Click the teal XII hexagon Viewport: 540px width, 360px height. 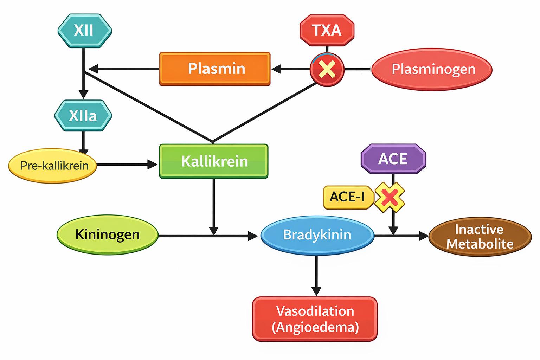[x=84, y=31]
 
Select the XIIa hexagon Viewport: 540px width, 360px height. [x=83, y=116]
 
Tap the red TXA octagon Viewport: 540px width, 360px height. [x=327, y=31]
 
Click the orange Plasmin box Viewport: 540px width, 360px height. [x=215, y=69]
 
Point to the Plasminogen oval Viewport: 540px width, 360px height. [x=432, y=69]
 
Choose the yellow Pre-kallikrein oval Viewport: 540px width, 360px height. [x=53, y=165]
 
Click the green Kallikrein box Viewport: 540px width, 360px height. [x=214, y=161]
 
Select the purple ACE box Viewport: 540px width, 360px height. [x=393, y=159]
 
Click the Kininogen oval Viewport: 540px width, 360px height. [x=108, y=234]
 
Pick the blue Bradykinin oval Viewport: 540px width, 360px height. [x=317, y=235]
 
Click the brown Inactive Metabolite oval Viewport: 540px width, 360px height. [x=480, y=237]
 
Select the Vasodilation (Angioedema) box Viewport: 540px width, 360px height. [x=315, y=319]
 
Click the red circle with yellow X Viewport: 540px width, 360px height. [x=327, y=69]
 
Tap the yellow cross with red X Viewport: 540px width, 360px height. [x=390, y=197]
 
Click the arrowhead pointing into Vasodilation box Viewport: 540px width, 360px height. [x=316, y=291]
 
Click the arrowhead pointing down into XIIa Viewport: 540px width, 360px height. [x=83, y=95]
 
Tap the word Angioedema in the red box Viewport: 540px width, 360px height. [x=315, y=328]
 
